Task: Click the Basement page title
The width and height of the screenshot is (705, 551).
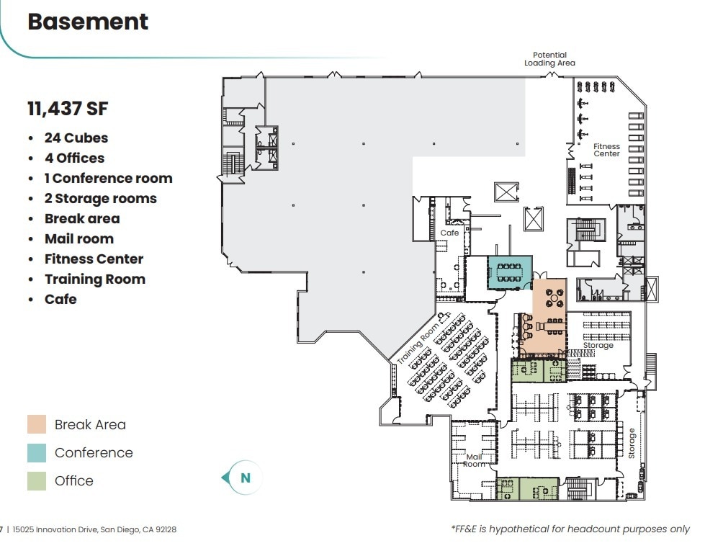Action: tap(88, 22)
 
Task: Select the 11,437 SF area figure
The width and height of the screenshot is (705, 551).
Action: tap(68, 109)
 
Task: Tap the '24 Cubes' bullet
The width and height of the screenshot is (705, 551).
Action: tap(76, 138)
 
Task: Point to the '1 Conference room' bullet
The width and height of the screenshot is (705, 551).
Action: tap(108, 178)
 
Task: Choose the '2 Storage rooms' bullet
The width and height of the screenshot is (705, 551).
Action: tap(100, 198)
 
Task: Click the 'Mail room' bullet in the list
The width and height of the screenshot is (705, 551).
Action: tap(78, 238)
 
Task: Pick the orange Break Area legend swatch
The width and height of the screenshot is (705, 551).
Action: tap(37, 425)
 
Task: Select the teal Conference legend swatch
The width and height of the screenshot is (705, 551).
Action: tap(37, 453)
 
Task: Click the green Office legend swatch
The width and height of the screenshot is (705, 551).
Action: tap(37, 480)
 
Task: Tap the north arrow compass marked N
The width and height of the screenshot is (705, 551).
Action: tap(243, 478)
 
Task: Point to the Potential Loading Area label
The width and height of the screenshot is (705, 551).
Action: tap(549, 59)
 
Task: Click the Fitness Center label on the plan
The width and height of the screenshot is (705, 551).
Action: tap(606, 150)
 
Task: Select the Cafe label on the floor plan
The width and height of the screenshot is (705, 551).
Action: tap(449, 233)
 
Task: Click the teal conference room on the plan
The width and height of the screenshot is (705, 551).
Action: tap(510, 272)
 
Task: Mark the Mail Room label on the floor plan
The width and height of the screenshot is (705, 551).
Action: tap(474, 460)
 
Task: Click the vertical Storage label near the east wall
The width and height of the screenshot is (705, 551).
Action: tap(632, 443)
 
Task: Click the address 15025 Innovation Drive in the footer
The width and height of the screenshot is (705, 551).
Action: tap(94, 529)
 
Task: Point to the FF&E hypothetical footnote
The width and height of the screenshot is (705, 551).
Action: tap(570, 529)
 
